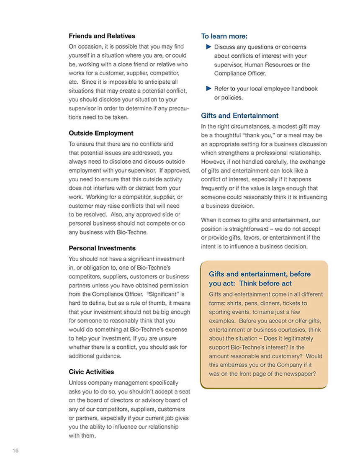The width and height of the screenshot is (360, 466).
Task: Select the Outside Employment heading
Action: [101, 133]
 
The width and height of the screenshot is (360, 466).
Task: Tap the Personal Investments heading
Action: [102, 248]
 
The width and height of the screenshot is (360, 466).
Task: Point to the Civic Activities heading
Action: [91, 372]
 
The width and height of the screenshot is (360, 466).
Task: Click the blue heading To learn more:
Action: [224, 36]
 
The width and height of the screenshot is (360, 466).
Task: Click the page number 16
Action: [15, 451]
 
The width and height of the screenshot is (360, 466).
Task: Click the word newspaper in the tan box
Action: [299, 374]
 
